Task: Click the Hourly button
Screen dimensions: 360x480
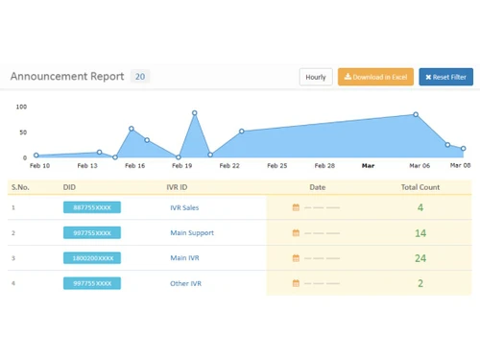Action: (316, 77)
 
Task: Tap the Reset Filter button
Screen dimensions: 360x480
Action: (445, 77)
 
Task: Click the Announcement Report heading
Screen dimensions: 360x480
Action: (66, 77)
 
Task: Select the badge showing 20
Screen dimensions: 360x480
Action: (140, 77)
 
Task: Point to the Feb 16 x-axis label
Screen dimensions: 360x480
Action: (135, 166)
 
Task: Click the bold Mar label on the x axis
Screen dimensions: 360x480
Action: (369, 166)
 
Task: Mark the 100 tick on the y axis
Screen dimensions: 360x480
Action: (21, 107)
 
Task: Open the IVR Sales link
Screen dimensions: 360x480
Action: (184, 207)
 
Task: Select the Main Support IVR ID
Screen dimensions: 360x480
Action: (191, 233)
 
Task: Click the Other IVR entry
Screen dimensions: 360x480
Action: (185, 283)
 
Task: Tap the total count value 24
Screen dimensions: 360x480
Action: (420, 258)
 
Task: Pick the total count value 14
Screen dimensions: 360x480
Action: (420, 233)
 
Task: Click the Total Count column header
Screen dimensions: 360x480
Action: (420, 187)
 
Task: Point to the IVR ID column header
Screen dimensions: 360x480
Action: (178, 187)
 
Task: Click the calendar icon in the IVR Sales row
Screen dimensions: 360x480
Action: (296, 207)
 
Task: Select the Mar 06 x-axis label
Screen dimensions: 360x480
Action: (420, 166)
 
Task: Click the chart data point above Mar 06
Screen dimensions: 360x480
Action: (416, 114)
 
